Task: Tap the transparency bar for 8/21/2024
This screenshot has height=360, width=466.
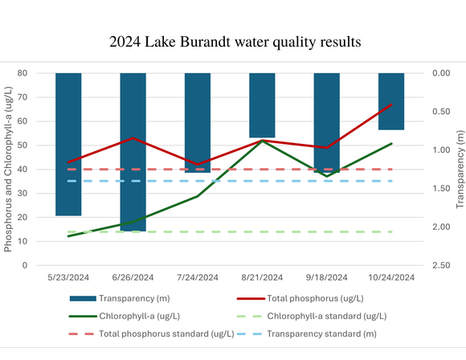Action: click(262, 105)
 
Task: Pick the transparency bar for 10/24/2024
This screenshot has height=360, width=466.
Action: click(391, 101)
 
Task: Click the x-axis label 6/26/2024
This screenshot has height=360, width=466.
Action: click(133, 277)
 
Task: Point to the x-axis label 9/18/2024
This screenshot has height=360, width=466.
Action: click(326, 277)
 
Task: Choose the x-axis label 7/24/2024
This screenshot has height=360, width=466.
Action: click(198, 277)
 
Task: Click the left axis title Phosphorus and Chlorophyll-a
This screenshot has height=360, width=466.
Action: click(9, 169)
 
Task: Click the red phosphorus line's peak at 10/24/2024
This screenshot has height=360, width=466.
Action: click(391, 104)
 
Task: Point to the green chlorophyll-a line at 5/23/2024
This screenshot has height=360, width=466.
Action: click(68, 236)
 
